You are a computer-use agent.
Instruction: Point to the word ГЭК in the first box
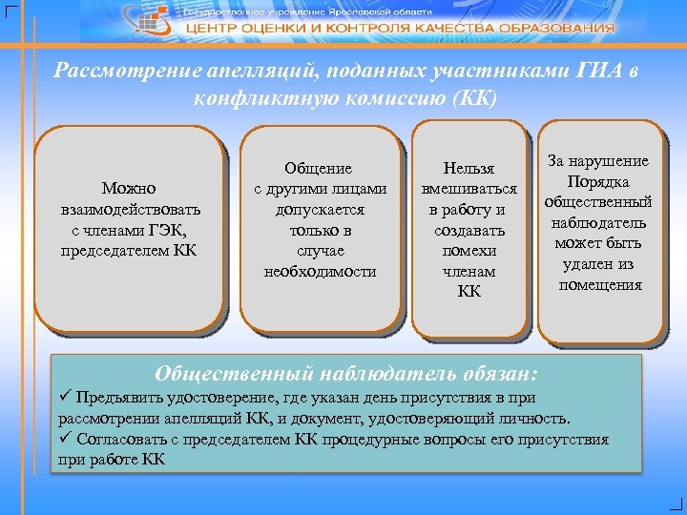coord(165,229)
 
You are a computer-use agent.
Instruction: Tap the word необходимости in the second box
coord(320,272)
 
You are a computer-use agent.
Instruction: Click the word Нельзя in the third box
coord(469,167)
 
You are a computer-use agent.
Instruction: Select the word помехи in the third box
coord(469,251)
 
